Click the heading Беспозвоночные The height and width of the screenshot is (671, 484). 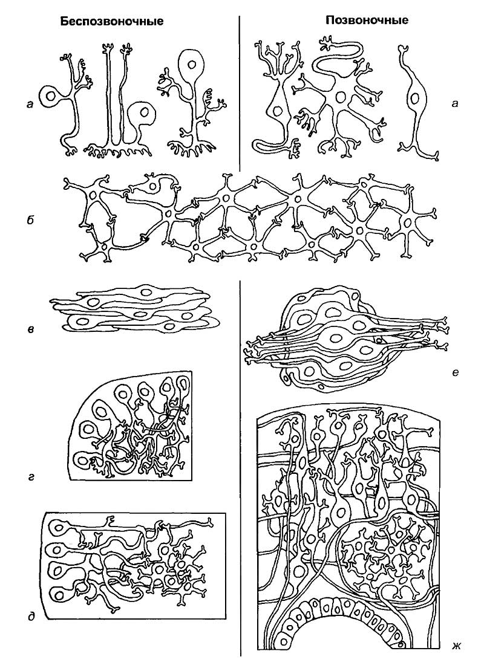[111, 21]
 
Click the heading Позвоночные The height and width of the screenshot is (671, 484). [367, 20]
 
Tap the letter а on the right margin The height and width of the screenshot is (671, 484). [455, 103]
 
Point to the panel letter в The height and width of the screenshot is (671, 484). [30, 329]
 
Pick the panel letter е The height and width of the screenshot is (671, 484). [455, 373]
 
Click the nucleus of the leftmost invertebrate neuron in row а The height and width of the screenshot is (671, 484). [51, 97]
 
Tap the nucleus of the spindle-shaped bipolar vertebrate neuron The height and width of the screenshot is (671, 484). [414, 97]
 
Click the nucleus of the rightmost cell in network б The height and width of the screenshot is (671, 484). [407, 222]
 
